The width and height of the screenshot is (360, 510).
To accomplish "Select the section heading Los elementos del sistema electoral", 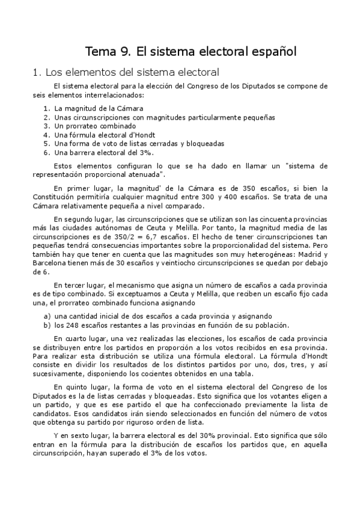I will click(124, 72).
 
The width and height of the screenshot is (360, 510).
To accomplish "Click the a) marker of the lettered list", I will click(46, 316).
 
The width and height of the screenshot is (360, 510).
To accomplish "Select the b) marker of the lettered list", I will click(46, 325).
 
